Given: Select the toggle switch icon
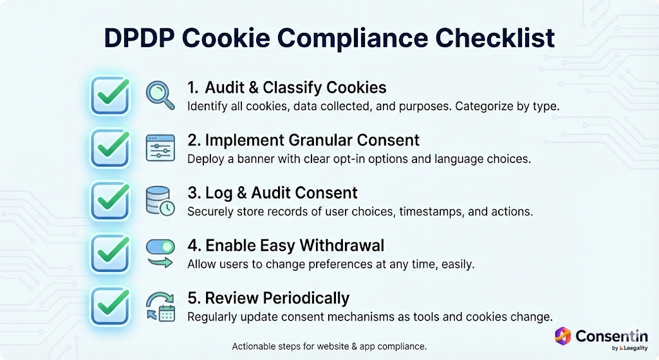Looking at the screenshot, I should (x=160, y=247).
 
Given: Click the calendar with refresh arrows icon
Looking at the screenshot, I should (x=159, y=306).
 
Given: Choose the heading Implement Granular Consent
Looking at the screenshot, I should (x=303, y=140).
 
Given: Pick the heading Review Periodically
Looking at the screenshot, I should (x=268, y=298).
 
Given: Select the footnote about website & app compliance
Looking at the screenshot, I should (x=329, y=346).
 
